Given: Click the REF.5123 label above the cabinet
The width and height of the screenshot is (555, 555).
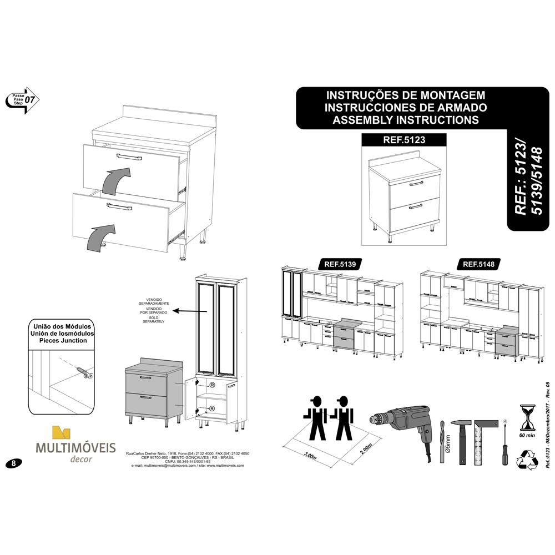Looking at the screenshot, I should tap(403, 140).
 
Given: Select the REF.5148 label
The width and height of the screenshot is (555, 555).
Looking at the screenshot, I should tap(478, 264).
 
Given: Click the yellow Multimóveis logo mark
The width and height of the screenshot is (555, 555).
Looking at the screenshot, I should tap(61, 433).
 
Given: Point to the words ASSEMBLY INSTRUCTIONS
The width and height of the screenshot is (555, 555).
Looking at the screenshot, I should tap(403, 119).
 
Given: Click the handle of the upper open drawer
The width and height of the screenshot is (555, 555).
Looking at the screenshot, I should tap(129, 159).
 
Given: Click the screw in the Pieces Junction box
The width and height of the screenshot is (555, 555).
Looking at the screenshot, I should tap(82, 370).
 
